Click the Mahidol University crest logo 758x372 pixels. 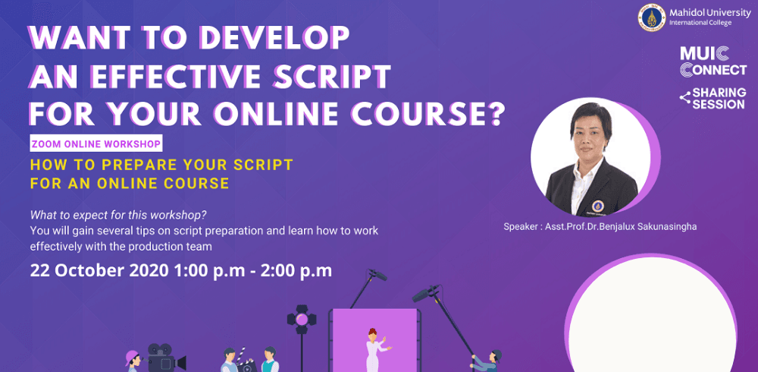pyautogui.click(x=652, y=17)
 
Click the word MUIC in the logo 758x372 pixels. pyautogui.click(x=706, y=54)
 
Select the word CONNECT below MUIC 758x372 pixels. pyautogui.click(x=713, y=70)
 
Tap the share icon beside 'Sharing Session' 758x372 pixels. pyautogui.click(x=684, y=97)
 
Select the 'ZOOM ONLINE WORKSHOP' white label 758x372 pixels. pyautogui.click(x=96, y=143)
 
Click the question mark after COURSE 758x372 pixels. pyautogui.click(x=496, y=114)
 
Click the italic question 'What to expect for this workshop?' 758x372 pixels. pyautogui.click(x=117, y=214)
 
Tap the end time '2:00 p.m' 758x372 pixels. pyautogui.click(x=296, y=270)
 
